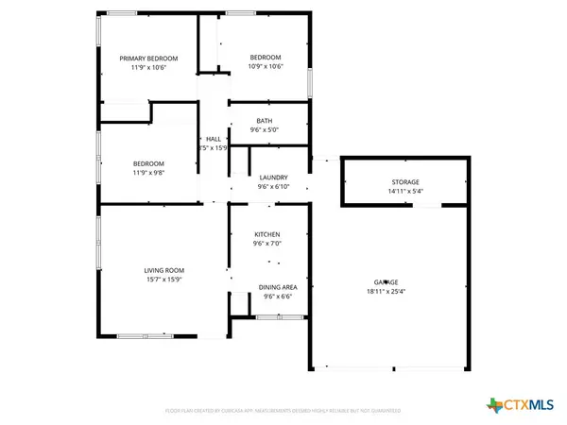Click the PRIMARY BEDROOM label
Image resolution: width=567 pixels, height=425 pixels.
[x=147, y=59]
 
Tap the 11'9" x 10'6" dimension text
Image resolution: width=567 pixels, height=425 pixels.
[x=147, y=68]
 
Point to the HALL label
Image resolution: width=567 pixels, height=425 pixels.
[x=214, y=139]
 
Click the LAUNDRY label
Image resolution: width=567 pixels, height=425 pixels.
[x=273, y=178]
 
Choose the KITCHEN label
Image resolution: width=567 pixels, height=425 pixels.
[x=267, y=234]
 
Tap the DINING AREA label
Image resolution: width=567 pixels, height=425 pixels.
[x=278, y=287]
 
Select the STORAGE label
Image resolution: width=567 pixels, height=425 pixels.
[x=406, y=181]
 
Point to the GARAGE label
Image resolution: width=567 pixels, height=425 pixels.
[x=386, y=282]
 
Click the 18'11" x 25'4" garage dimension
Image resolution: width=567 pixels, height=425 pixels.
[x=386, y=292]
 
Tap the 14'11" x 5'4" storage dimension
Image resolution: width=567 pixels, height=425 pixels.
[x=406, y=191]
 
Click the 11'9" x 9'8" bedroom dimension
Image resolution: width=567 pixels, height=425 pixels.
[x=147, y=173]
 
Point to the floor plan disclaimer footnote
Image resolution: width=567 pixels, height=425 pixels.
[x=283, y=412]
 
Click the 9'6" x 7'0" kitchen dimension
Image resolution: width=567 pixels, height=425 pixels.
[x=267, y=244]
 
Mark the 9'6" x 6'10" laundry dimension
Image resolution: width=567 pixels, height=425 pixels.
[x=273, y=187]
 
